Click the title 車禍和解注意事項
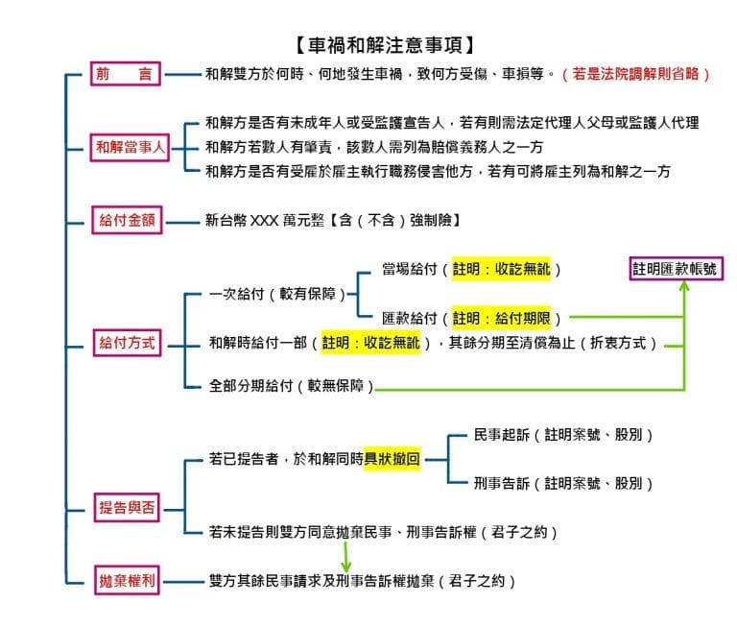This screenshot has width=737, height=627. pyautogui.click(x=385, y=46)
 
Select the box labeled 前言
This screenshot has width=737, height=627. pyautogui.click(x=126, y=73)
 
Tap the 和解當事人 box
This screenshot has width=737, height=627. pyautogui.click(x=130, y=147)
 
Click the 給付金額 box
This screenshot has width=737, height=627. pyautogui.click(x=127, y=220)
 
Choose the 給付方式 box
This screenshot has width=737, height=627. pyautogui.click(x=127, y=343)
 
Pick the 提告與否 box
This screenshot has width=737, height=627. pyautogui.click(x=127, y=508)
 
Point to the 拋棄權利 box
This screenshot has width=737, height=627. pyautogui.click(x=127, y=581)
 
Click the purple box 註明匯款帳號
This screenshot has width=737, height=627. pyautogui.click(x=676, y=269)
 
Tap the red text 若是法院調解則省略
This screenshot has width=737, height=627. pyautogui.click(x=635, y=74)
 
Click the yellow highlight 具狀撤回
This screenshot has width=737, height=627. pyautogui.click(x=392, y=459)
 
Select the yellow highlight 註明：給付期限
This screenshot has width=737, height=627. pyautogui.click(x=501, y=319)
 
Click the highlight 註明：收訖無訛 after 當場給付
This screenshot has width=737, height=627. pyautogui.click(x=501, y=269)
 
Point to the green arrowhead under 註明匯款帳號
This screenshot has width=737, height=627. pyautogui.click(x=684, y=285)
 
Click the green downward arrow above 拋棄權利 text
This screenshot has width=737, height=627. pyautogui.click(x=345, y=557)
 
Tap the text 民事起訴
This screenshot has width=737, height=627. pyautogui.click(x=502, y=435)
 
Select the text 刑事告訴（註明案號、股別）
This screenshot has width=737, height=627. pyautogui.click(x=563, y=484)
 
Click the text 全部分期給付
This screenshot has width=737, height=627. pyautogui.click(x=251, y=386)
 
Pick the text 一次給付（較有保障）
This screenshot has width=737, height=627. pyautogui.click(x=277, y=294)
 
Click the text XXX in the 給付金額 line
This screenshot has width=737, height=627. pyautogui.click(x=264, y=220)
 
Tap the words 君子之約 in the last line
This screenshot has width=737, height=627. pyautogui.click(x=477, y=581)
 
